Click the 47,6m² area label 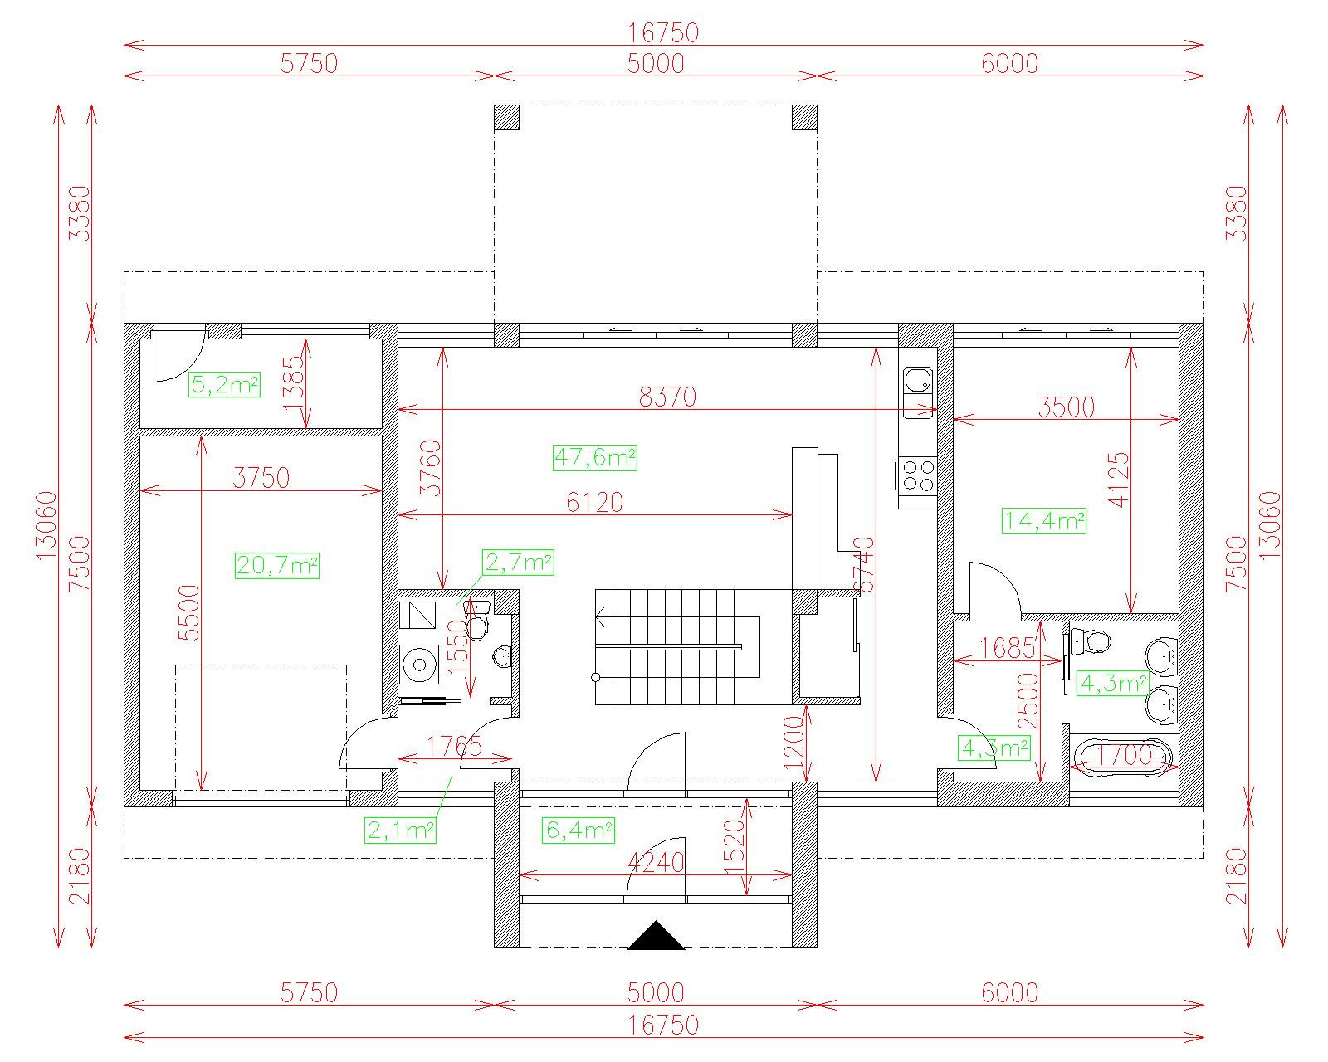click(x=594, y=457)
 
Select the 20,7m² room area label click(x=277, y=565)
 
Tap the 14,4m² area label click(x=1043, y=521)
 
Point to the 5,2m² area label click(x=224, y=384)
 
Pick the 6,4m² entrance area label click(x=579, y=830)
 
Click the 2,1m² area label click(x=400, y=830)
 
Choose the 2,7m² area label click(x=519, y=563)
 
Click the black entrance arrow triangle click(x=656, y=936)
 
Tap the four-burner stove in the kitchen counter click(x=918, y=475)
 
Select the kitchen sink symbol click(x=918, y=392)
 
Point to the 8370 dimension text click(x=667, y=397)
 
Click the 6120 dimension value click(x=595, y=503)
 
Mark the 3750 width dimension click(x=261, y=478)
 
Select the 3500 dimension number click(x=1067, y=407)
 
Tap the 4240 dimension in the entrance click(x=656, y=863)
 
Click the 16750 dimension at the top click(x=663, y=32)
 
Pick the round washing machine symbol click(x=419, y=665)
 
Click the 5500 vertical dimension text click(x=189, y=613)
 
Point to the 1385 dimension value click(x=294, y=383)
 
